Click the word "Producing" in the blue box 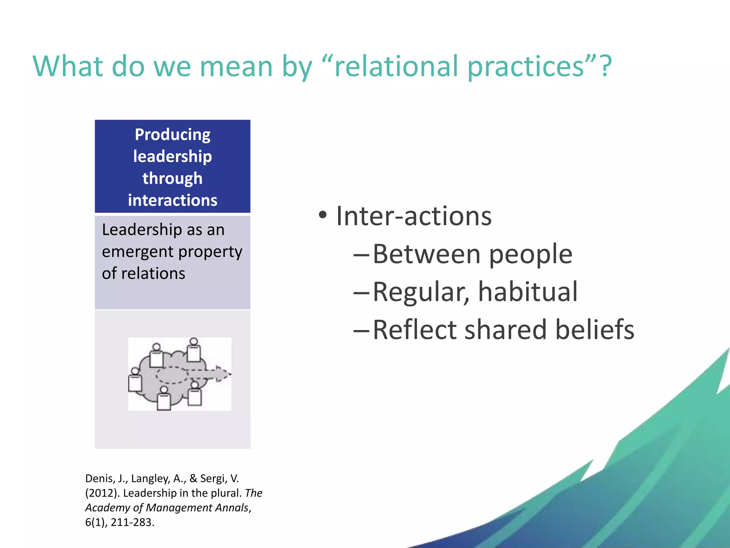click(x=173, y=135)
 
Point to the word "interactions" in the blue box click(x=173, y=200)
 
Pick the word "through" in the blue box click(x=173, y=178)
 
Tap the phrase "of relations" click(x=143, y=274)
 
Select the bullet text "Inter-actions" click(x=413, y=216)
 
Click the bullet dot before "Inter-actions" click(x=323, y=215)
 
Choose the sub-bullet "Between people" click(x=472, y=254)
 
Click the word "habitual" click(x=528, y=292)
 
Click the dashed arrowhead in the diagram click(x=222, y=374)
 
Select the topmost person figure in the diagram click(x=194, y=350)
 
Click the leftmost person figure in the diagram click(x=135, y=381)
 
